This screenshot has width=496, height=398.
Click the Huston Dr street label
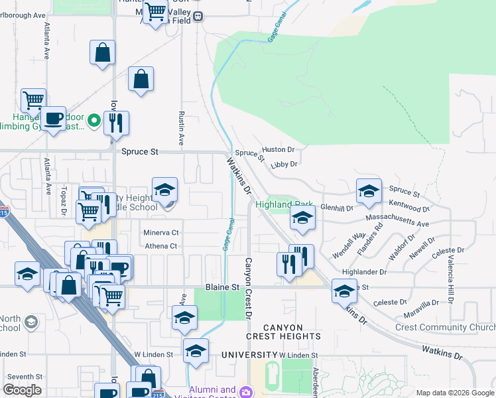point(278,150)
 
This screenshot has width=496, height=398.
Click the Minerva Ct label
point(161,233)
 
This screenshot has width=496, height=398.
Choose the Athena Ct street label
point(160,246)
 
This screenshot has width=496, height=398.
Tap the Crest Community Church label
point(445,327)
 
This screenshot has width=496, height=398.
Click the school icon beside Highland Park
point(302,218)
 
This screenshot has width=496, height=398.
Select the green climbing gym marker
point(93,120)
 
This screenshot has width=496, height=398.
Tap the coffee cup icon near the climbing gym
point(54,119)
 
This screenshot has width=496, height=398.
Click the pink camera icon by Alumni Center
point(246,392)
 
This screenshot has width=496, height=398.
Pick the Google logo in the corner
point(22,390)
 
